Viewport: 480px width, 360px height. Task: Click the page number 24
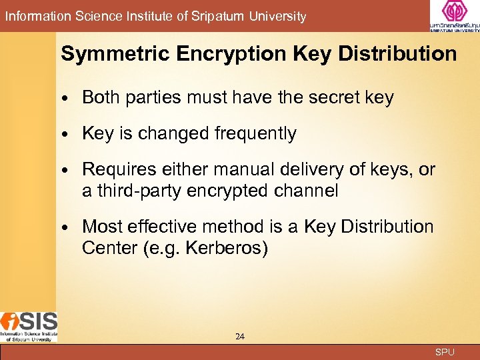[240, 337]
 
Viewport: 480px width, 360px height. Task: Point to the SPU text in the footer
[445, 351]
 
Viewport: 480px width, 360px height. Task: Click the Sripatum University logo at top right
[454, 16]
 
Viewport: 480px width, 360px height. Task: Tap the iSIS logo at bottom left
[29, 326]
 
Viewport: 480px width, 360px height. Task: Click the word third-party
[139, 191]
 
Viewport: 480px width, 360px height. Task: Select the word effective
[171, 227]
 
